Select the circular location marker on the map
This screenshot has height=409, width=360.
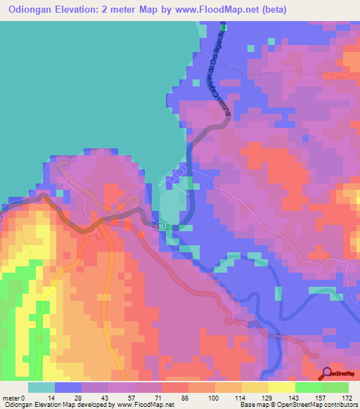coord(160,226)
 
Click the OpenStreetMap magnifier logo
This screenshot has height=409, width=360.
coord(328,372)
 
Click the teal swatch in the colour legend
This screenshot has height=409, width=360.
coord(41,387)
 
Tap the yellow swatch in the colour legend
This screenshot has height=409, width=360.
coord(281,387)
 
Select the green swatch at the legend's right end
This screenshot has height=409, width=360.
coord(335,387)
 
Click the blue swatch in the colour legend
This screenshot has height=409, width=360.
coord(68,387)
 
